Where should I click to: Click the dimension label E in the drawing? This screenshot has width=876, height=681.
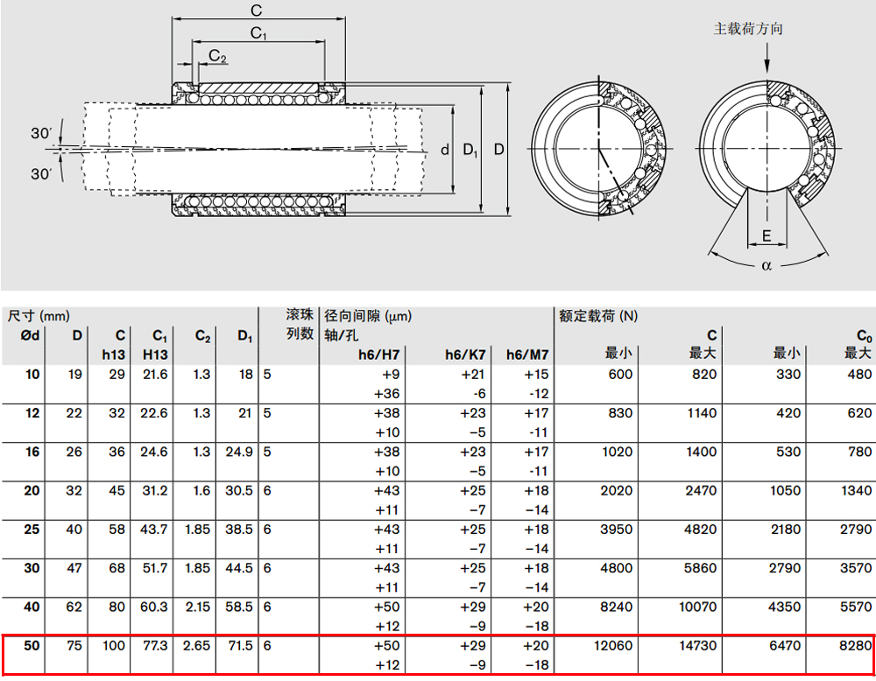pos(766,235)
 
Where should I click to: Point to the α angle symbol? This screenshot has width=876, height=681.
pos(766,266)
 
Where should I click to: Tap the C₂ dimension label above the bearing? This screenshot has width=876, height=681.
pos(217,56)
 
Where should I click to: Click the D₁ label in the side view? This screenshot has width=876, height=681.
pos(470,150)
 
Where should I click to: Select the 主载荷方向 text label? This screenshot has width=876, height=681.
pos(748,29)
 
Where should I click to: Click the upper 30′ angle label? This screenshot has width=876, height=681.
pos(41,133)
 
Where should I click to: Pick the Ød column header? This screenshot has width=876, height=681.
pos(30,335)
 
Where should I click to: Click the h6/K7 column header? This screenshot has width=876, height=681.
pos(465,355)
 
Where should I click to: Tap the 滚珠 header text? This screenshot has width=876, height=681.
pos(300,315)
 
